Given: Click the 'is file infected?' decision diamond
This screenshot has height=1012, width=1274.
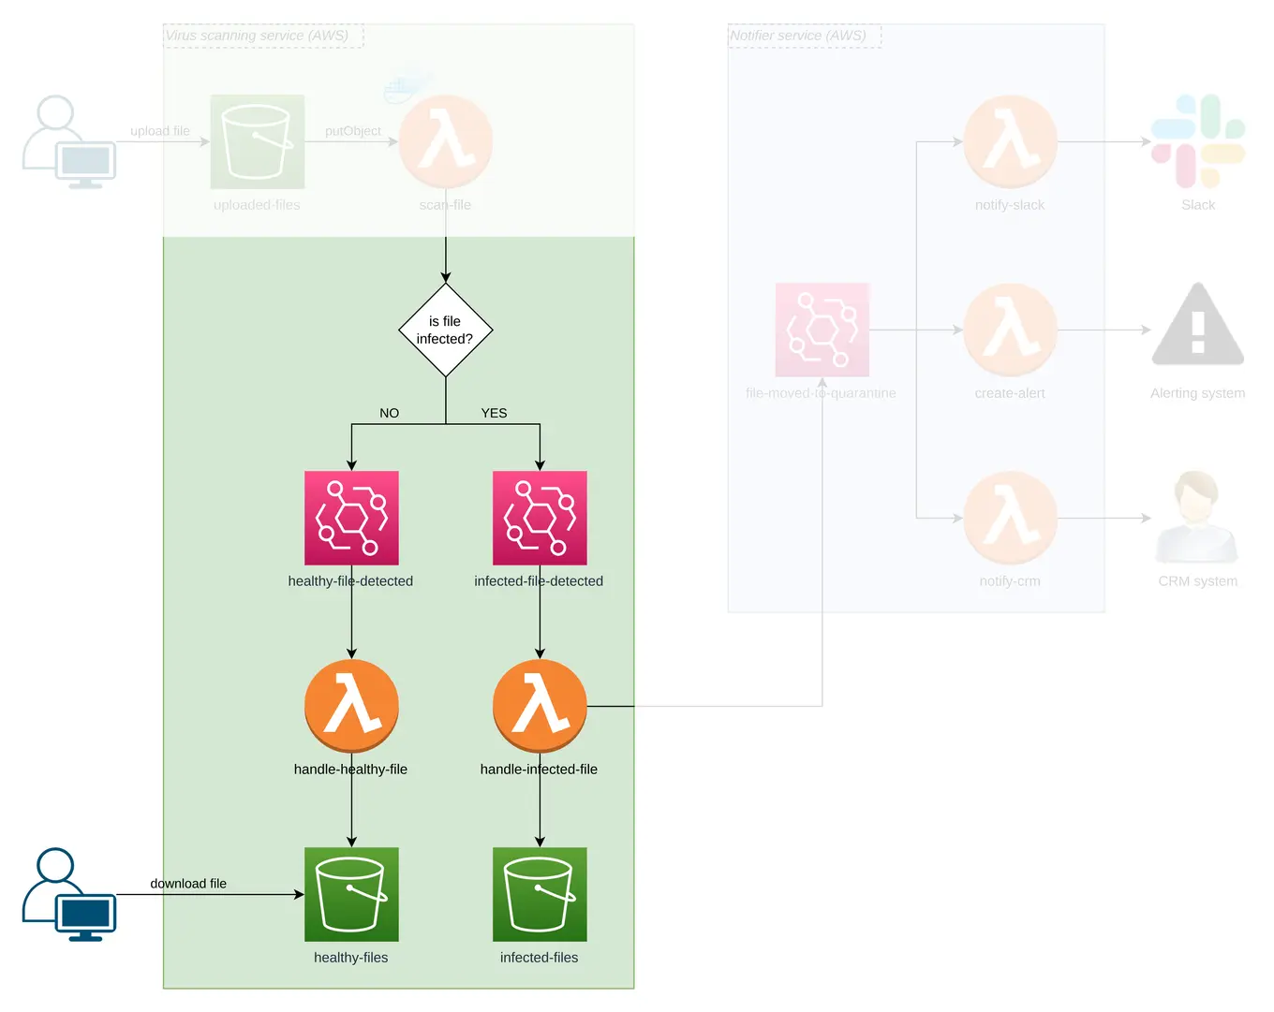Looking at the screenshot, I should [x=445, y=330].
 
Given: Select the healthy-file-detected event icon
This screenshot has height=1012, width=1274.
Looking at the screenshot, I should [x=351, y=518].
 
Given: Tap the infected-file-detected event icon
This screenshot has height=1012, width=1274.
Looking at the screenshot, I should [x=540, y=518].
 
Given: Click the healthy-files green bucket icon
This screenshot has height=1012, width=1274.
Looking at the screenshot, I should [x=351, y=894].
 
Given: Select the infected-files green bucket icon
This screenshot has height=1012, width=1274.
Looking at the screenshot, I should [x=540, y=894].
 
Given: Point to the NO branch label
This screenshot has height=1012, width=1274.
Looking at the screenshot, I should [x=389, y=413].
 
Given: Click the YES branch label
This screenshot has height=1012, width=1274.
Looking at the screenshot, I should [x=494, y=413].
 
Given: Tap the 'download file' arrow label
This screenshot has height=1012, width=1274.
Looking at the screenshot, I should [x=188, y=883].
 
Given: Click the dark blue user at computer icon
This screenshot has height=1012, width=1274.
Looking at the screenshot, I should [x=69, y=894].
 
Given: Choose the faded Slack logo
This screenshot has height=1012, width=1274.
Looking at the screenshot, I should [x=1198, y=141].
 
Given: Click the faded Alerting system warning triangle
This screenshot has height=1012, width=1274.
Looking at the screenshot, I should [x=1198, y=326].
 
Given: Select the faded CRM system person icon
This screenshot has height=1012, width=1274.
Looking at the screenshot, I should [x=1197, y=518].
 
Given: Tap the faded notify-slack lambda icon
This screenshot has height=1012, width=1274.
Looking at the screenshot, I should [x=1010, y=141].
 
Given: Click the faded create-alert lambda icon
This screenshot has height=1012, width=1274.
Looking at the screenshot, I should [x=1010, y=330].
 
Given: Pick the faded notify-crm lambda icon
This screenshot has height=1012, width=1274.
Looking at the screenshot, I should [x=1010, y=518].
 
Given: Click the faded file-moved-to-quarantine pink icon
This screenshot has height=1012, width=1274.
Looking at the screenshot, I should [x=822, y=330].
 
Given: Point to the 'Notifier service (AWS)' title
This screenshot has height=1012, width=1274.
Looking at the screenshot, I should [x=798, y=36].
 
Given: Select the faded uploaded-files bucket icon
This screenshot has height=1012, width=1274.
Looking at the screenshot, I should [x=257, y=141].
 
